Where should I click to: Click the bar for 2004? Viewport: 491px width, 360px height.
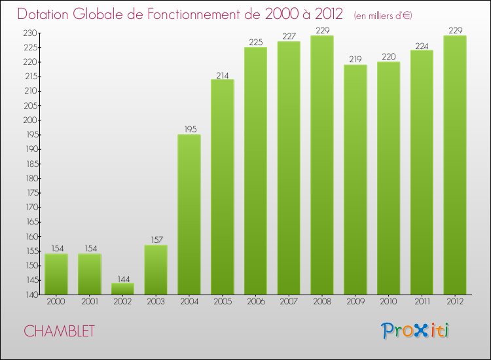189,215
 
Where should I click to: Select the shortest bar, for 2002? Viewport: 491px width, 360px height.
122,289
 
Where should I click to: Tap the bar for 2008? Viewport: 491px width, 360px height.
321,165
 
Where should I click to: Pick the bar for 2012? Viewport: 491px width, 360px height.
455,165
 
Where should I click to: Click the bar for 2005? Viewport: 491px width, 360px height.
222,187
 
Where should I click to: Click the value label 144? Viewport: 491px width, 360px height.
122,278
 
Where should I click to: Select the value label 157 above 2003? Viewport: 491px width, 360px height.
156,240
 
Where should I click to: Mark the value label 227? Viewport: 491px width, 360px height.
289,37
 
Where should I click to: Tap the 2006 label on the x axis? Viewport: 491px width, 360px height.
255,302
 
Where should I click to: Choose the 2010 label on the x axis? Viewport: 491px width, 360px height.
388,302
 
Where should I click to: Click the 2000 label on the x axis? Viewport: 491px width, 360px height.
56,302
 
